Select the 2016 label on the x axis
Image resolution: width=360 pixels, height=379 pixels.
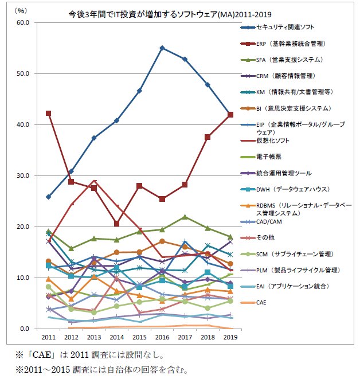click(162, 338)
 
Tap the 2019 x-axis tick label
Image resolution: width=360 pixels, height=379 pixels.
click(230, 338)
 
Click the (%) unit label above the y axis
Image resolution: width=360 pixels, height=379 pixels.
click(21, 10)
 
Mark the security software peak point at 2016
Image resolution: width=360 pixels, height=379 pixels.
click(162, 48)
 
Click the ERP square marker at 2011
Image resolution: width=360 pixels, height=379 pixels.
click(49, 114)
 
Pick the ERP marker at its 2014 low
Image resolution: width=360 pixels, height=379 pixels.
click(117, 224)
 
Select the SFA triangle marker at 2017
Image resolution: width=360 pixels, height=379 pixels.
click(185, 217)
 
